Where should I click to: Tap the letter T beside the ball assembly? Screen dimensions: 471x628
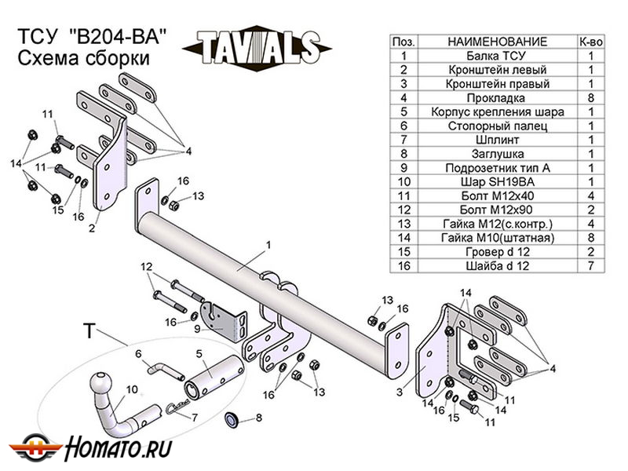[89, 332]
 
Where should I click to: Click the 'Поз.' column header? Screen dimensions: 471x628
[403, 41]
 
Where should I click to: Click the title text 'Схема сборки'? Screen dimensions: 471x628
[82, 58]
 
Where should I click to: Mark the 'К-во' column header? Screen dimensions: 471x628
[591, 41]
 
